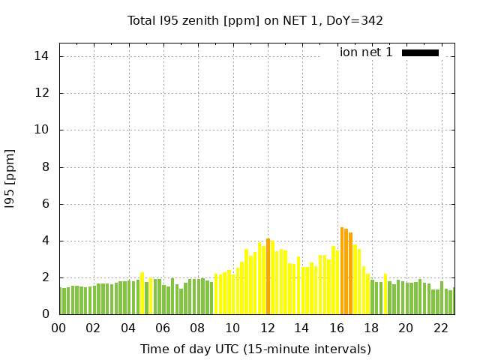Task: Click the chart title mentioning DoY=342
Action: [256, 21]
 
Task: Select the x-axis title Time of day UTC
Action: [256, 349]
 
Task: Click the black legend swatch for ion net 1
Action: [420, 52]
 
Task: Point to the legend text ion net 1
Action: [366, 52]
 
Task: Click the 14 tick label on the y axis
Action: [42, 56]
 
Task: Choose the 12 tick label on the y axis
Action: [42, 93]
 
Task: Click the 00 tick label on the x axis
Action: [58, 328]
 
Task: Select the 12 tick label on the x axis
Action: [268, 328]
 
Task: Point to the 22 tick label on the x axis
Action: [442, 328]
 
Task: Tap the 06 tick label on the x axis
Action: [163, 328]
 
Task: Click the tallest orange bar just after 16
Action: [342, 271]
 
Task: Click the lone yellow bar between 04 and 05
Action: [142, 294]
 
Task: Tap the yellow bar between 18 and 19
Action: [385, 295]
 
